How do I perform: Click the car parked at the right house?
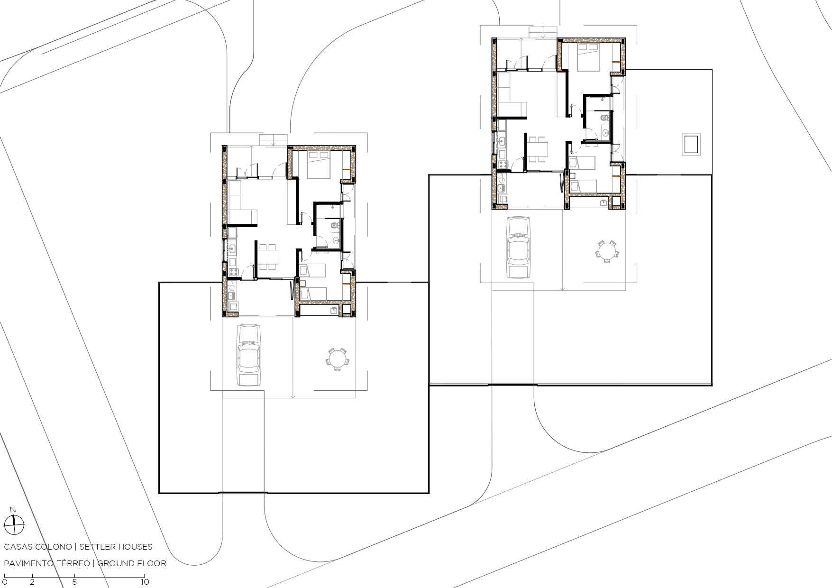(x=518, y=248)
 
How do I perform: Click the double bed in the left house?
(x=319, y=165)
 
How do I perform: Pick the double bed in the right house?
(x=588, y=57)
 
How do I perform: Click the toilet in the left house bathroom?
(x=336, y=225)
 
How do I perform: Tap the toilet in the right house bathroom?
(x=605, y=117)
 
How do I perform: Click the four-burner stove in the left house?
(x=233, y=272)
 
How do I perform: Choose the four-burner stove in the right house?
(x=502, y=165)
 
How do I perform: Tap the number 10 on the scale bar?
(x=144, y=582)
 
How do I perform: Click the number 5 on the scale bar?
(x=75, y=582)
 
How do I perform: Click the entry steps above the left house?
(x=274, y=140)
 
